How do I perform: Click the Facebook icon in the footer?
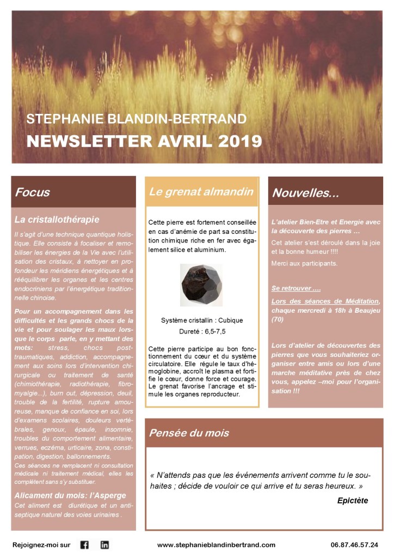pyautogui.click(x=84, y=544)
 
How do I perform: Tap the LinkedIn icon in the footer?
pyautogui.click(x=104, y=544)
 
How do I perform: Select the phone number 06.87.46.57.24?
pyautogui.click(x=354, y=545)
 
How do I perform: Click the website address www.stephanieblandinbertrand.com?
pyautogui.click(x=216, y=545)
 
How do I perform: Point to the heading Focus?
pyautogui.click(x=33, y=192)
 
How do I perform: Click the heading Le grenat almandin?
pyautogui.click(x=201, y=192)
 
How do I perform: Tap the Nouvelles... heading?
pyautogui.click(x=305, y=193)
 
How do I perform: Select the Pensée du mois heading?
pyautogui.click(x=189, y=434)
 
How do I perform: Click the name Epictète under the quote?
pyautogui.click(x=353, y=500)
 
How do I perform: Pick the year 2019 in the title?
pyautogui.click(x=235, y=141)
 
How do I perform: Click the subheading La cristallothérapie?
pyautogui.click(x=57, y=220)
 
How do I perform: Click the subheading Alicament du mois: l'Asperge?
pyautogui.click(x=70, y=495)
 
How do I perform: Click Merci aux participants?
pyautogui.click(x=304, y=264)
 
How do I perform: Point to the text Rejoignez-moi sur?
pyautogui.click(x=41, y=545)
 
